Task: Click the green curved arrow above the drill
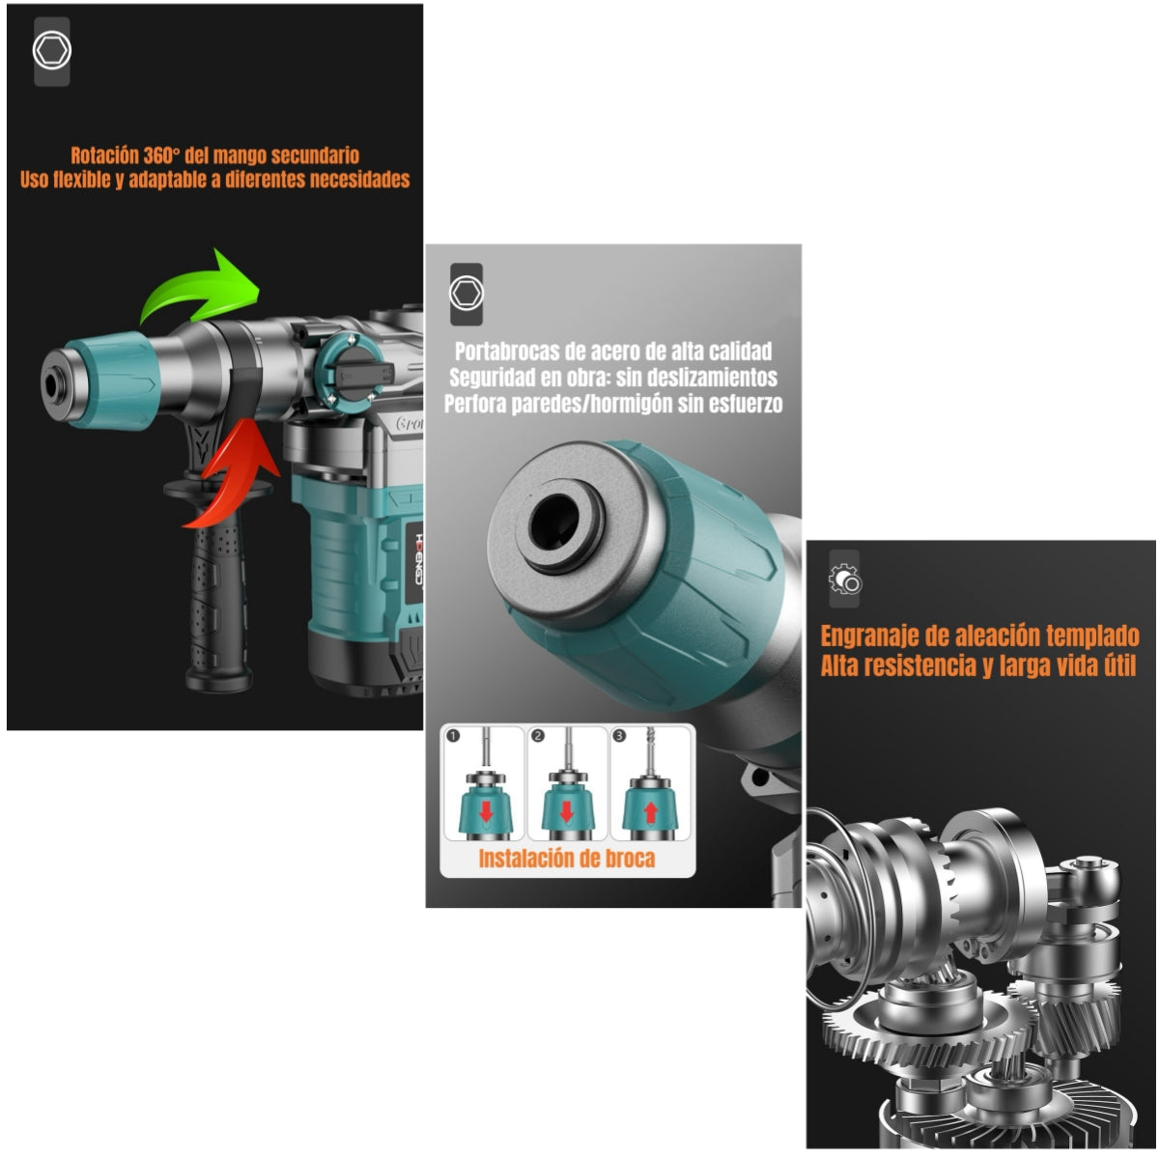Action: click(198, 290)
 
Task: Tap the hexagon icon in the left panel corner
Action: click(51, 51)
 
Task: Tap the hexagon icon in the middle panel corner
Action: click(466, 293)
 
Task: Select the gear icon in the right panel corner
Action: click(844, 578)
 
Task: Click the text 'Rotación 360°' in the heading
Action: click(126, 155)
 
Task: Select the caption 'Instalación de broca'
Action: click(566, 858)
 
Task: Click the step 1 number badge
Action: click(454, 736)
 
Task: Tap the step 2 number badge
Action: click(538, 736)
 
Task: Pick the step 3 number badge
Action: click(620, 736)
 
